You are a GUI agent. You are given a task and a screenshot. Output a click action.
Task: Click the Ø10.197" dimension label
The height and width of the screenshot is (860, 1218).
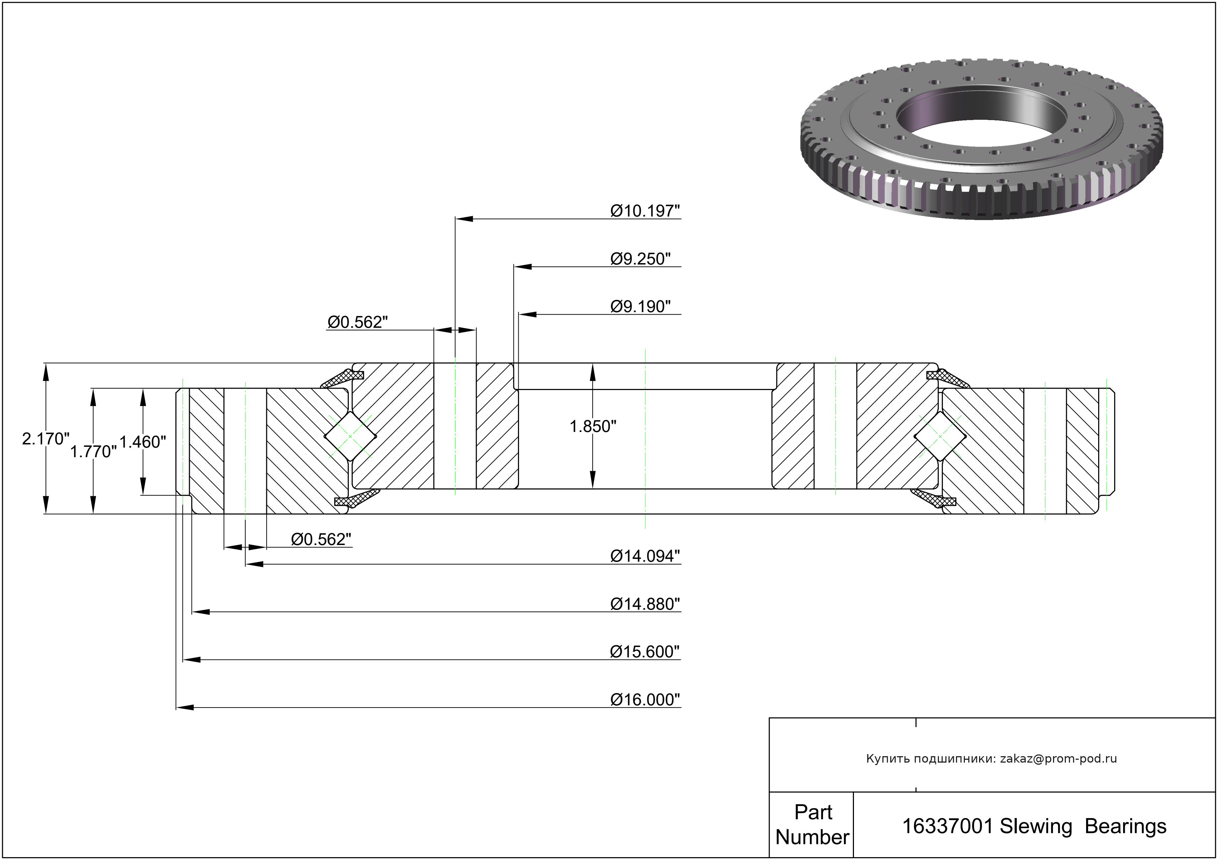[645, 211]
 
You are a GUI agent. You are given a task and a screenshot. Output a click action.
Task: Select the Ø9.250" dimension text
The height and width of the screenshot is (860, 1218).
[640, 259]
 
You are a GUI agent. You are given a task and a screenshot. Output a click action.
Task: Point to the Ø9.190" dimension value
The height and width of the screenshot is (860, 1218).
[640, 307]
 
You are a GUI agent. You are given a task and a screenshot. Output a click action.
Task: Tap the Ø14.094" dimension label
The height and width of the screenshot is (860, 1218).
[645, 556]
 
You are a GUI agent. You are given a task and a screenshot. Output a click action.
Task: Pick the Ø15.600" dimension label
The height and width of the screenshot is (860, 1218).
[645, 652]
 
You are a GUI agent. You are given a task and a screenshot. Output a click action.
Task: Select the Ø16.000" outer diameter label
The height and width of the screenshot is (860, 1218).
[645, 700]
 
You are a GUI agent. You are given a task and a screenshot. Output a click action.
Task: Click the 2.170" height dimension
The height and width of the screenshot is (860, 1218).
[46, 439]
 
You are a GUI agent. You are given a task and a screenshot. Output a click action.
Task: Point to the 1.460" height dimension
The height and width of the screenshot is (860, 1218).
[143, 442]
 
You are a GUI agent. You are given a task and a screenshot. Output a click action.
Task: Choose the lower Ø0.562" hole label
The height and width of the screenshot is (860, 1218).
[321, 540]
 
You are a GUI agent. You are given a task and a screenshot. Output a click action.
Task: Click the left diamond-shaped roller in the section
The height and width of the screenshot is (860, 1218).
[351, 437]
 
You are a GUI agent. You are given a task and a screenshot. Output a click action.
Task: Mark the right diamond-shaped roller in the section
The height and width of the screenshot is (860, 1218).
[940, 437]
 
